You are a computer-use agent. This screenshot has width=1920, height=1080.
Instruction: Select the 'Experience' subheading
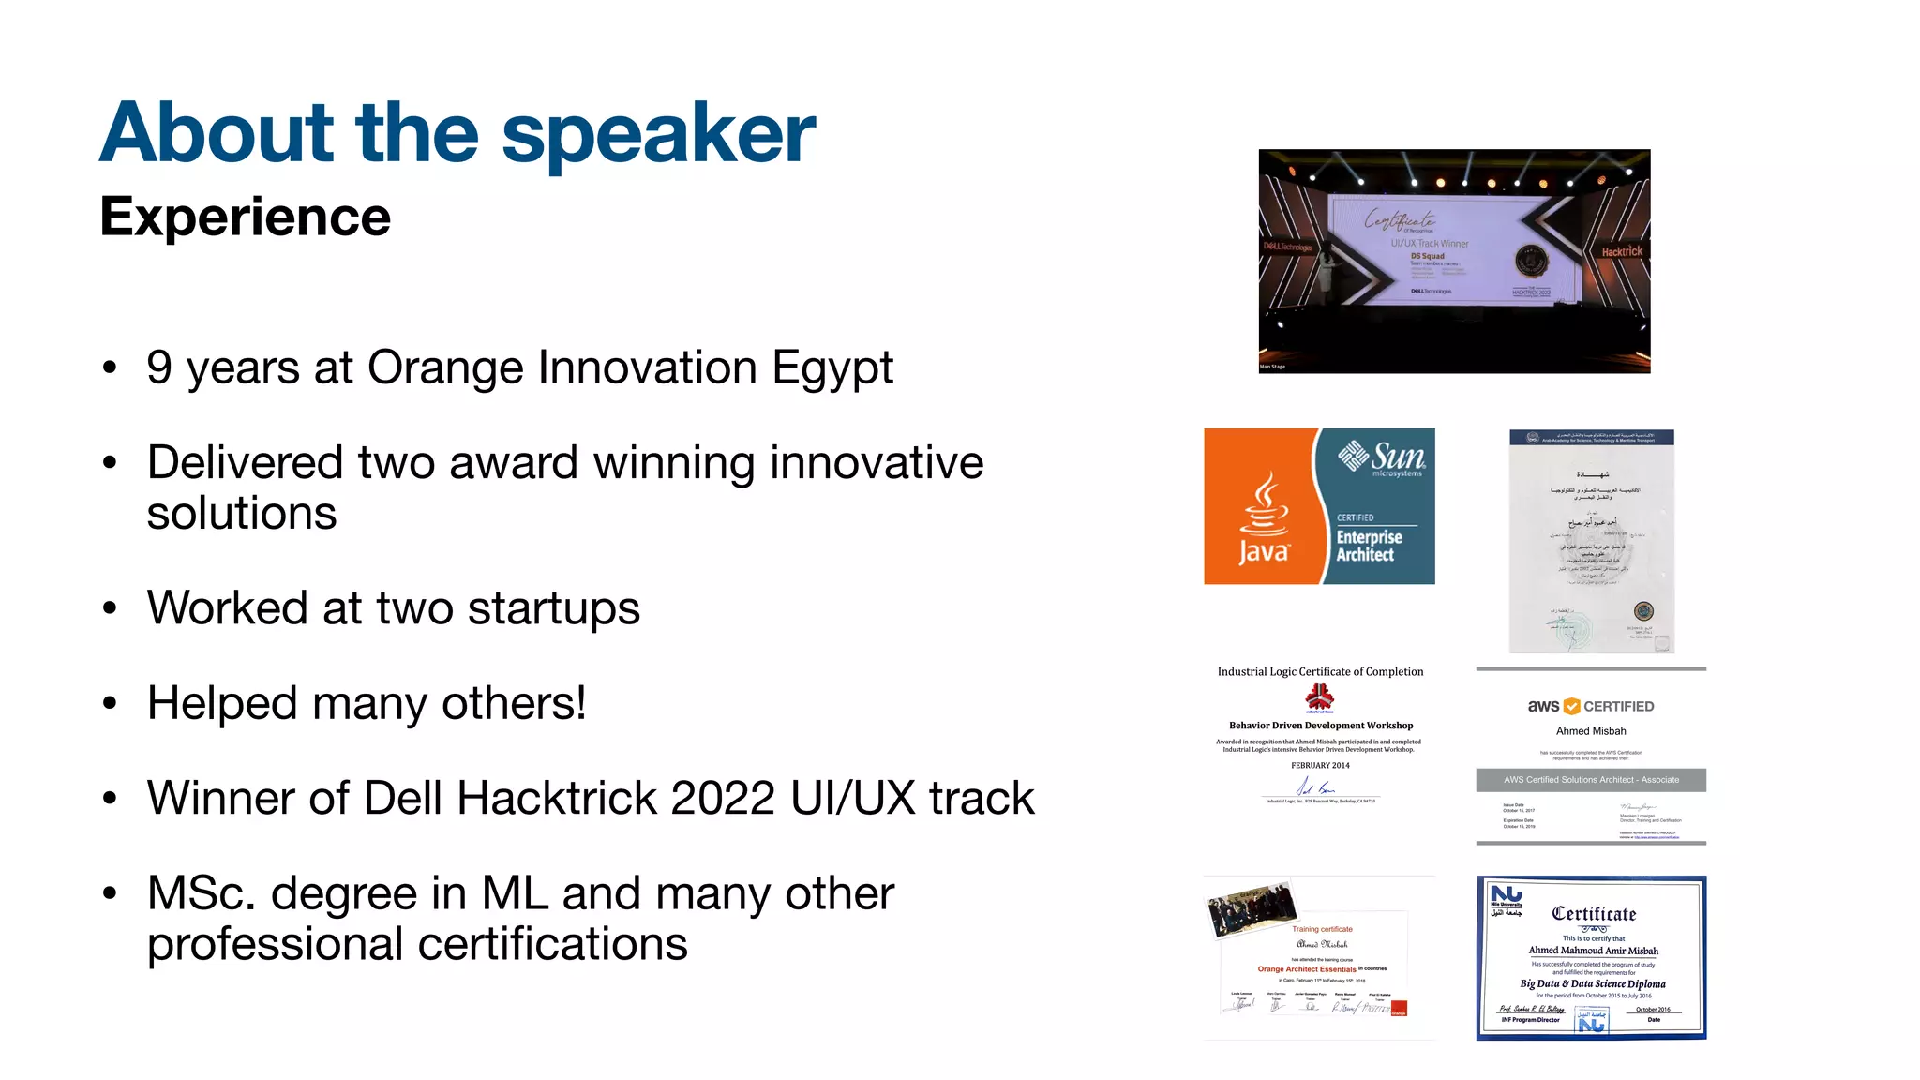point(245,217)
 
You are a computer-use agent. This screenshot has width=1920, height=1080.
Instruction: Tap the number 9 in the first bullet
point(159,367)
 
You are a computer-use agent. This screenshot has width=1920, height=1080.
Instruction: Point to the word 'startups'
point(553,609)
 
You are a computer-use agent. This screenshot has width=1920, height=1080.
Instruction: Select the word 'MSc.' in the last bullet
point(201,893)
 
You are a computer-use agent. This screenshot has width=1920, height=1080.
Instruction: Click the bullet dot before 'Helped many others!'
point(111,704)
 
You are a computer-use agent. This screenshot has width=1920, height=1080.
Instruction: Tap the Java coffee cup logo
point(1265,507)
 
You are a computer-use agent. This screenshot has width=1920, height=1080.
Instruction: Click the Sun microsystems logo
point(1381,457)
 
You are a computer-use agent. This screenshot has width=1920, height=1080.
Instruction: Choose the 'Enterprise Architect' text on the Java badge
point(1369,546)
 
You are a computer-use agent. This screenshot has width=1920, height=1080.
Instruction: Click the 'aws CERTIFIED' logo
point(1591,707)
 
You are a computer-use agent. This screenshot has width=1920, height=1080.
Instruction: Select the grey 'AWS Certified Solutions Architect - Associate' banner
point(1591,780)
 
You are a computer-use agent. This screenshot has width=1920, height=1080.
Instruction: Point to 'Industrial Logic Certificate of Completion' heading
point(1320,672)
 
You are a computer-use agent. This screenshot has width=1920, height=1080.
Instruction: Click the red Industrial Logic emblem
point(1320,697)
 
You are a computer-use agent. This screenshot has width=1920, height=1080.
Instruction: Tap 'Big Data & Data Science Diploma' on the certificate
point(1593,984)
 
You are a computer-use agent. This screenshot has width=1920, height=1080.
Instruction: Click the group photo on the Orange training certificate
point(1252,909)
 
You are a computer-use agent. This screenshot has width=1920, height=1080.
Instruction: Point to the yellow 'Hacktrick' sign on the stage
point(1622,252)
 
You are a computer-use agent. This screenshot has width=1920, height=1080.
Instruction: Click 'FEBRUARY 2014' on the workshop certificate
point(1320,766)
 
